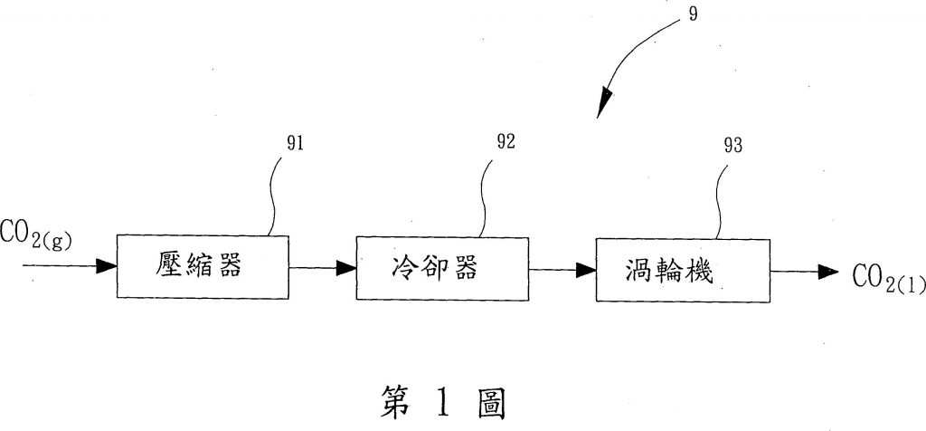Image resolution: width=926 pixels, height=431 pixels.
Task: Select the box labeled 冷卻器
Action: [x=441, y=268]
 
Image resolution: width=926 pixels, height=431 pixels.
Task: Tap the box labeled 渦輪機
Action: [x=680, y=269]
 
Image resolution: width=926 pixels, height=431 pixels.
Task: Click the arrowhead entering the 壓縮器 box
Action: [x=107, y=266]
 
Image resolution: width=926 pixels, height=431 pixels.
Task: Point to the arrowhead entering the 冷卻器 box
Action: [x=345, y=267]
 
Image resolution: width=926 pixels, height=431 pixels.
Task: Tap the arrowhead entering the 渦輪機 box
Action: [x=584, y=269]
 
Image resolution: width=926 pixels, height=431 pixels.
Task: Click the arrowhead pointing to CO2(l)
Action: [x=827, y=272]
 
